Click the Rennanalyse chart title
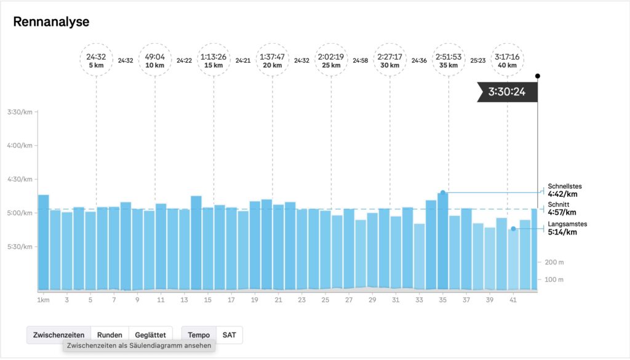click(51, 22)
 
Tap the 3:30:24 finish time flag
click(508, 92)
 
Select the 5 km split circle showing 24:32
click(96, 60)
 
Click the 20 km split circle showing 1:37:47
click(272, 60)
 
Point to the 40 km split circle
click(507, 60)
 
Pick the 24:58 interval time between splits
click(361, 60)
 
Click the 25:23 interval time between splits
click(478, 60)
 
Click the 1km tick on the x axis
click(43, 300)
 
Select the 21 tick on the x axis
click(278, 300)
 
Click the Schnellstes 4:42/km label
click(564, 190)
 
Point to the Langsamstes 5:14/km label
click(563, 228)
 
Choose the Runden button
click(110, 335)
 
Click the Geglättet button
click(150, 335)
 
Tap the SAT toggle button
click(229, 335)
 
